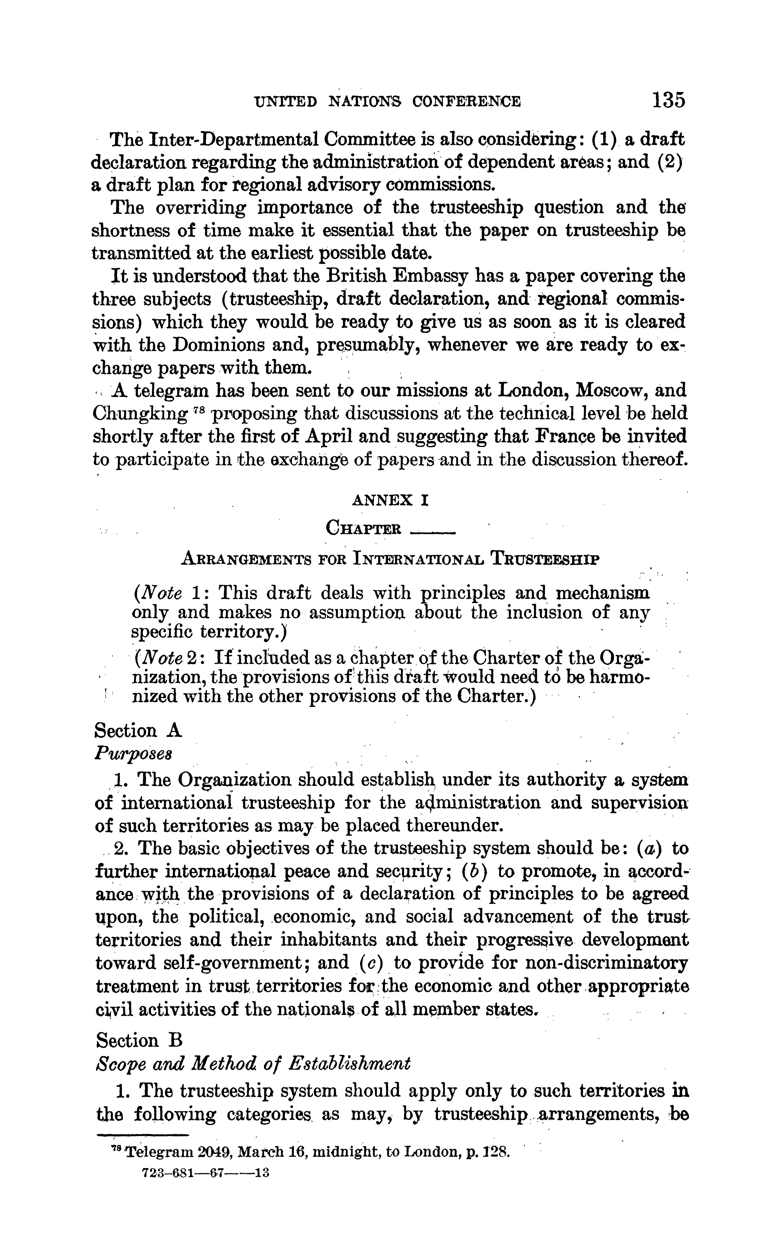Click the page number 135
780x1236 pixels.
point(668,100)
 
